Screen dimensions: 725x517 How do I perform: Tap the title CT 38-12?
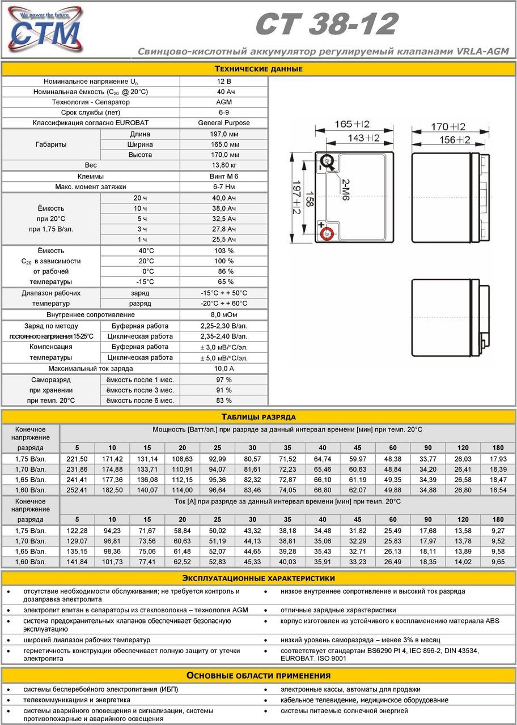327,25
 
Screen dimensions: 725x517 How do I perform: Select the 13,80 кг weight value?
224,165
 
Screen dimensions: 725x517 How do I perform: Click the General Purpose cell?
224,123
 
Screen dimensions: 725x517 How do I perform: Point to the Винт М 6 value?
224,176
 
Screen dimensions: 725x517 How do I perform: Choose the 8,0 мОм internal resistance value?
224,314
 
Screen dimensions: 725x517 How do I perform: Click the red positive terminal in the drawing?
325,232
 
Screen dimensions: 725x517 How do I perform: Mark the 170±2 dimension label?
448,126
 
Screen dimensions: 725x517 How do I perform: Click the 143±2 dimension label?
363,138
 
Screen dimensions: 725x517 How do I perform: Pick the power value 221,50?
77,459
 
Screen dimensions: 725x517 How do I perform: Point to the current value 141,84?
77,561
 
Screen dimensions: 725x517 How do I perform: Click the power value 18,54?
498,489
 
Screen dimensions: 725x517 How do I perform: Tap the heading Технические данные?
258,69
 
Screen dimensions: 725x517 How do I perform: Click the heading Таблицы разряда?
258,417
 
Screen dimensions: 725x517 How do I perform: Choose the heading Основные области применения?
258,676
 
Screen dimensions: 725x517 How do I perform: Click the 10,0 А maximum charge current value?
224,369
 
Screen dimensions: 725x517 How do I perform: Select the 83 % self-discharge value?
224,400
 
